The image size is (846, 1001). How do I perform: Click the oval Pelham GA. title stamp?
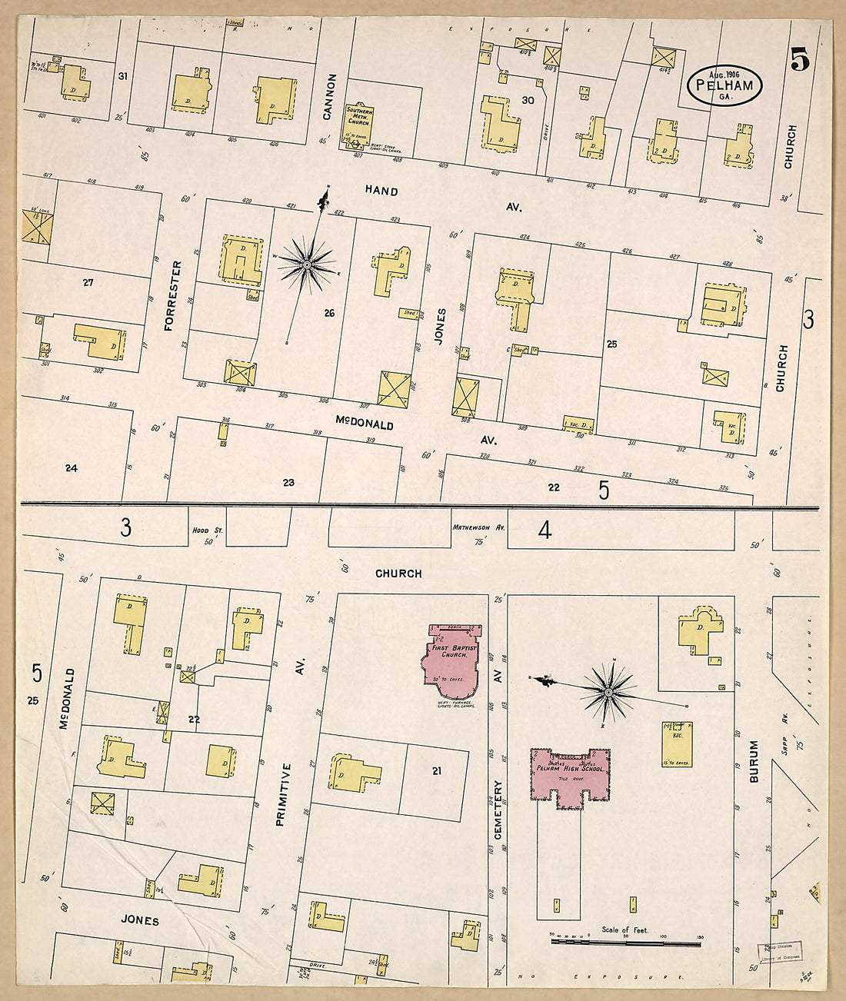724,85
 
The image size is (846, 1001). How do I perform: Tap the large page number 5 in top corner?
800,59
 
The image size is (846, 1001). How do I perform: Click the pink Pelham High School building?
570,776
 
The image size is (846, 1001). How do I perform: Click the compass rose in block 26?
307,265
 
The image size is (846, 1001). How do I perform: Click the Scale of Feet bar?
625,941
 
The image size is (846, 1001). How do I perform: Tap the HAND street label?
381,191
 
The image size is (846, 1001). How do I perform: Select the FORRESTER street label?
175,296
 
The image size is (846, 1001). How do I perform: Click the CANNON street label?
331,97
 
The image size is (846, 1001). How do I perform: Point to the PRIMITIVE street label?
281,794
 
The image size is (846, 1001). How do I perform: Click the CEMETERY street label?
498,810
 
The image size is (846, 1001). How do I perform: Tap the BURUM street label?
754,761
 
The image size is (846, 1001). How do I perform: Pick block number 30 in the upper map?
528,101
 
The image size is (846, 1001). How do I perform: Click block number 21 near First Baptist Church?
437,770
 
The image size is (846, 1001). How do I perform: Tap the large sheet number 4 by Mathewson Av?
545,530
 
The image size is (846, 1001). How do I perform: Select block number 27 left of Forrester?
88,282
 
